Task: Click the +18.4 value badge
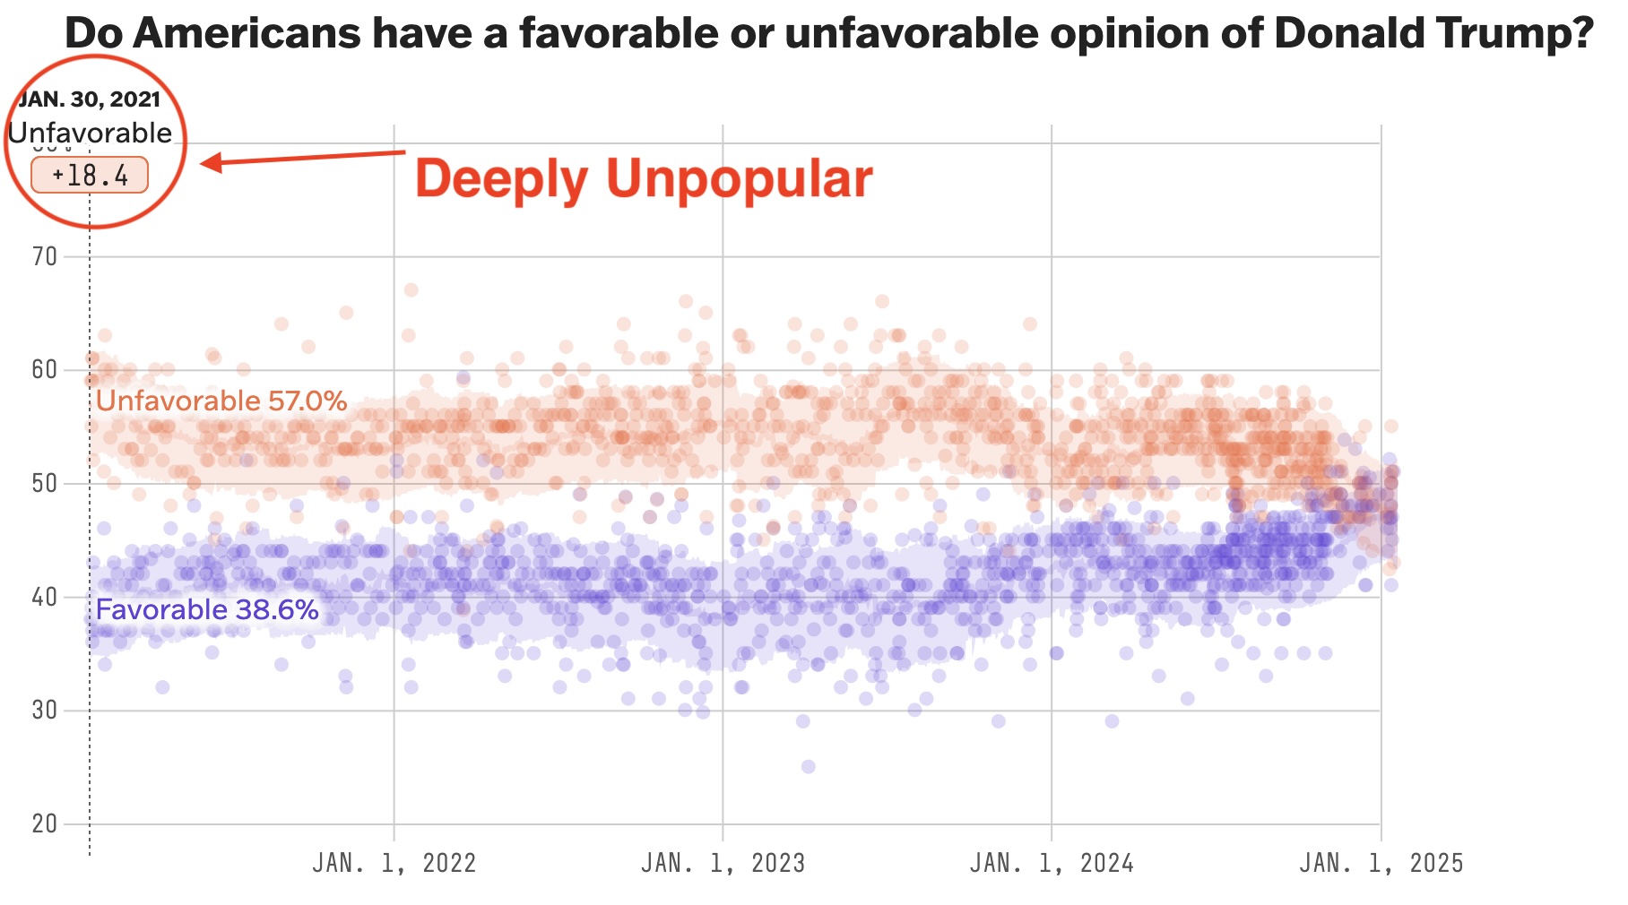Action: (90, 175)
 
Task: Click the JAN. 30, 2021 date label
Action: (90, 99)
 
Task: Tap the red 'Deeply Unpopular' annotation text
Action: (643, 178)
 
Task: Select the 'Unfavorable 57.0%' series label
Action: (221, 401)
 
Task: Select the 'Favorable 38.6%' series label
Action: (207, 610)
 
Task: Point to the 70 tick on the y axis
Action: (45, 257)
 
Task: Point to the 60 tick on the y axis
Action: (45, 370)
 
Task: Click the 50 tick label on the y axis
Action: (45, 484)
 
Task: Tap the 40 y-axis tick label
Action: (45, 597)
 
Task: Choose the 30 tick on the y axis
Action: (45, 711)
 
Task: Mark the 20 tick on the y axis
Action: (45, 823)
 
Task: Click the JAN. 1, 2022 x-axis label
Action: (394, 863)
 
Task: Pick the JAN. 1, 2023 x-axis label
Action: (723, 863)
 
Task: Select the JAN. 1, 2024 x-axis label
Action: (1052, 863)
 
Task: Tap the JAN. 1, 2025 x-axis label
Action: (1381, 863)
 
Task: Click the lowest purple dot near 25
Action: (808, 766)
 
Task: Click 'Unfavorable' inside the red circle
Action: (90, 133)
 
